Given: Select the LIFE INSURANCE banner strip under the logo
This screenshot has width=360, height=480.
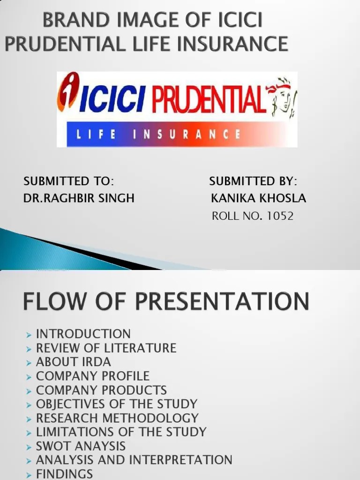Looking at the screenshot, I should [x=177, y=135].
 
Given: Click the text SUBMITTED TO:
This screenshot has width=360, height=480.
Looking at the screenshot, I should [x=69, y=181].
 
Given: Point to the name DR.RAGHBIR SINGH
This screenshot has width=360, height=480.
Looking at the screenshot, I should [x=79, y=198].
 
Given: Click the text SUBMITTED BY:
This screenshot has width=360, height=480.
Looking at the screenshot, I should [x=253, y=181].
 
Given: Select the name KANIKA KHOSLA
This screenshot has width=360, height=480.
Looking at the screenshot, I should [x=258, y=198].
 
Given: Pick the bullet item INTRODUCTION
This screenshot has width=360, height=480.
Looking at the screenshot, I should [x=83, y=334].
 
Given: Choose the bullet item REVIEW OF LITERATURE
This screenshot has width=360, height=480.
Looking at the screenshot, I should [x=106, y=348].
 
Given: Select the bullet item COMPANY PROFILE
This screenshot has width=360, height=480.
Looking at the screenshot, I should [x=93, y=376].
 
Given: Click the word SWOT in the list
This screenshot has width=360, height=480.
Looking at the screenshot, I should [x=52, y=446].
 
